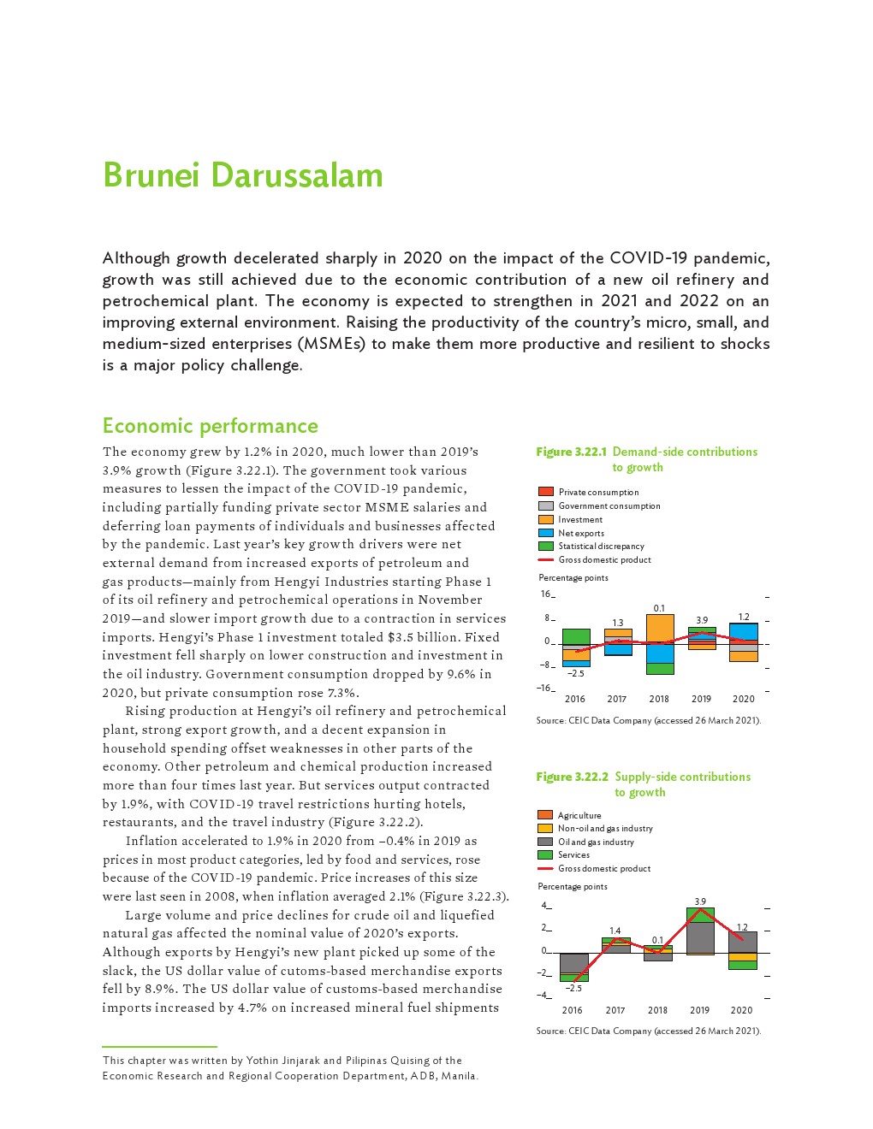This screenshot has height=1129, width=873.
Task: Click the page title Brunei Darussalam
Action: click(243, 175)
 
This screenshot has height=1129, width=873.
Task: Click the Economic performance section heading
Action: click(210, 426)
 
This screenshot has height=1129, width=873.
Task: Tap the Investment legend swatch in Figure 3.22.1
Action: click(545, 519)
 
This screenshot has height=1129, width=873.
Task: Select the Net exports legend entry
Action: click(581, 533)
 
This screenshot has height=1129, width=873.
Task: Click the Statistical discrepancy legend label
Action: click(601, 546)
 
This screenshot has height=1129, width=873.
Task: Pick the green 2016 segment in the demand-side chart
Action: click(576, 635)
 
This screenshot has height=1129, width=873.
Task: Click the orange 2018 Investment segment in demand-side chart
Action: click(659, 629)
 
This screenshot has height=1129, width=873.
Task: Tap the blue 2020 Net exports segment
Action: click(743, 631)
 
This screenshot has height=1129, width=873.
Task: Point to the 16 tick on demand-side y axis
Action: click(545, 594)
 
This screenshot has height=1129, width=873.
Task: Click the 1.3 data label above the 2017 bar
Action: click(617, 623)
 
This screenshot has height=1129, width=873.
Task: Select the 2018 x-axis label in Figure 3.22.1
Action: click(659, 699)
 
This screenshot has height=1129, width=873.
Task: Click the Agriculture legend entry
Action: click(579, 815)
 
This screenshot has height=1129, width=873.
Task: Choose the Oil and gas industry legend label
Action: click(596, 842)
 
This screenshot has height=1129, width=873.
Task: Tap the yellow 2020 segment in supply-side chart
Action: click(742, 957)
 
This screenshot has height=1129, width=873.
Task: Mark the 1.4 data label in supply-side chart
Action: click(615, 931)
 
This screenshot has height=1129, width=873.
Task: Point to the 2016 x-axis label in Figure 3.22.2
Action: click(572, 1010)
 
